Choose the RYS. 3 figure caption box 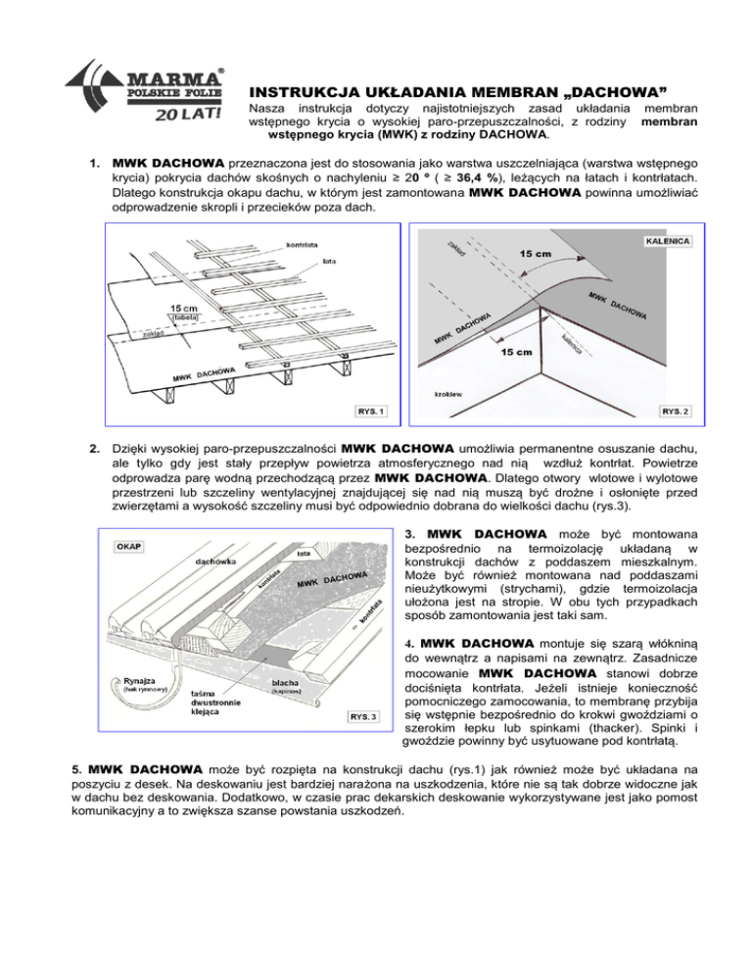(365, 716)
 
